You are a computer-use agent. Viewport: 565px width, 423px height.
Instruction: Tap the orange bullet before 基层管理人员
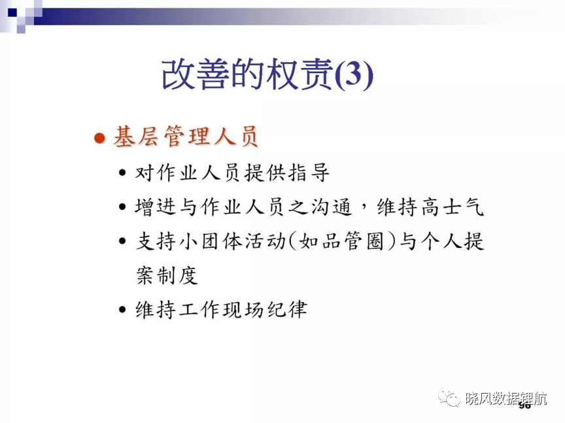99,138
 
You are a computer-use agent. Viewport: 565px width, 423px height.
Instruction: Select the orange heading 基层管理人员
186,137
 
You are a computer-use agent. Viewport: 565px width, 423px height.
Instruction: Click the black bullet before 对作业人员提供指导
122,173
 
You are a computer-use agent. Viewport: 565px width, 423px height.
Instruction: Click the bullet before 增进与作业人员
122,207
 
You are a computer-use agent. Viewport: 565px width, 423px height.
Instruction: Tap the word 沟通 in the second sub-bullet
331,207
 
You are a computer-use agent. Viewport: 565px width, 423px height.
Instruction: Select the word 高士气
452,207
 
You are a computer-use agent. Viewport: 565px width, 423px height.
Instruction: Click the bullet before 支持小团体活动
122,241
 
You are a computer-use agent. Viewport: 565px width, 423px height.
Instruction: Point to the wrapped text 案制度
167,276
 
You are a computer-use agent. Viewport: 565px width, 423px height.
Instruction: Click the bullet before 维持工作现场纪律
122,309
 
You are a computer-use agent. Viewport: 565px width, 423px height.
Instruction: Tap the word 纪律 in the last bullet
287,309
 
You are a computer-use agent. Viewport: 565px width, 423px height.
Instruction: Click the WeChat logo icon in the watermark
449,398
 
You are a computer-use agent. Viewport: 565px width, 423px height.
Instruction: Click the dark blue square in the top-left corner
12,12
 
